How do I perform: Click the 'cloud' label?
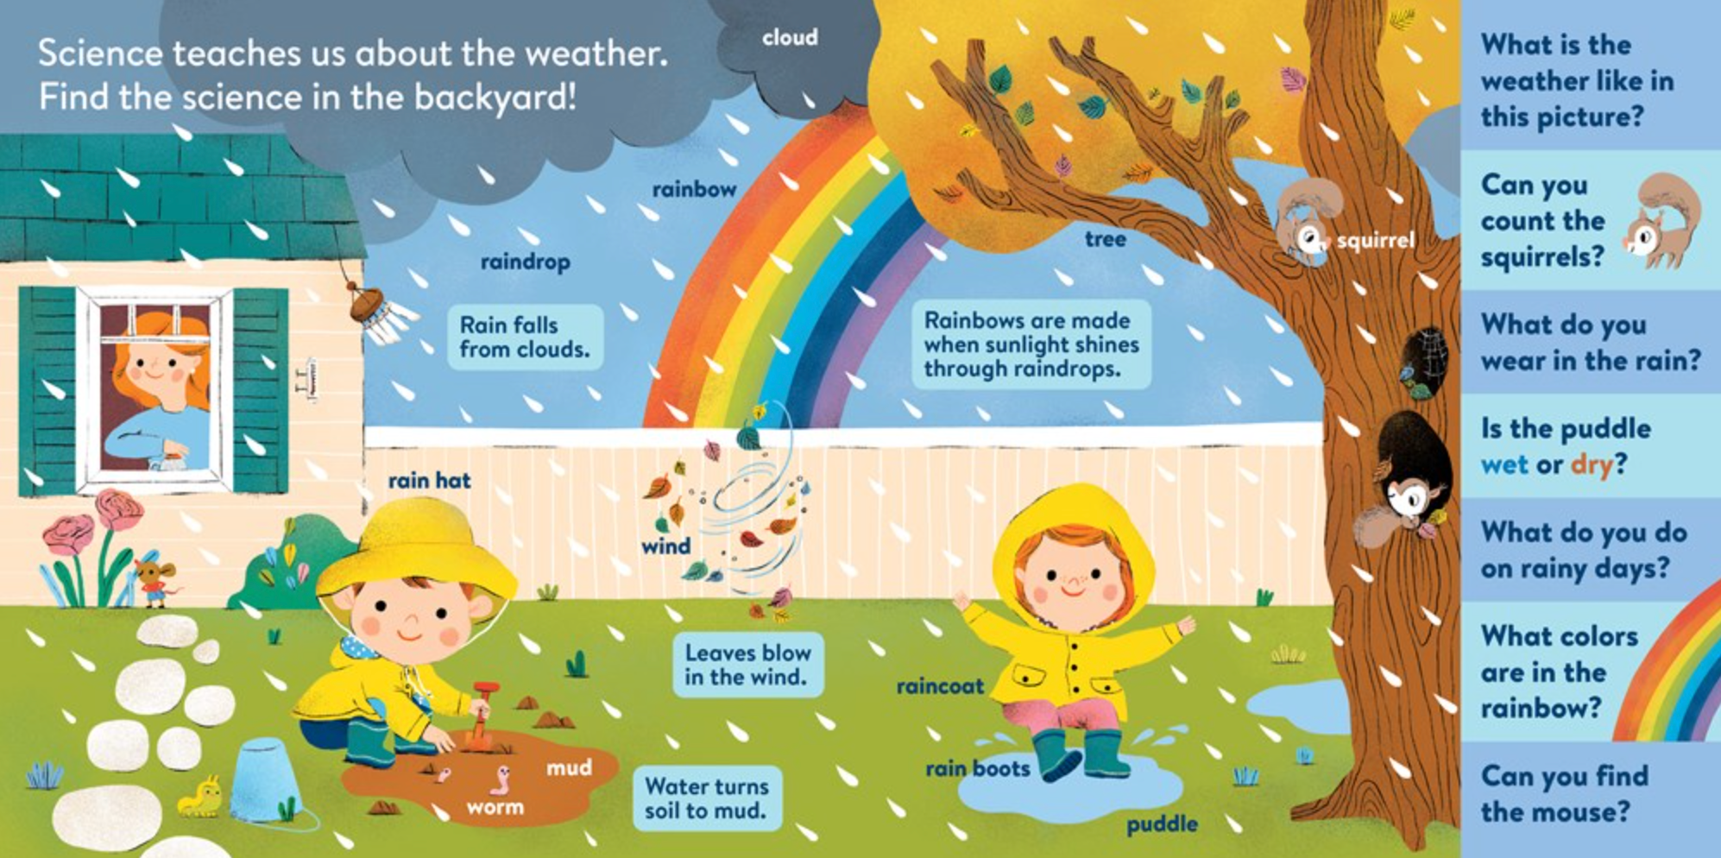click(x=790, y=38)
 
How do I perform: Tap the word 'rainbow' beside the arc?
click(x=694, y=189)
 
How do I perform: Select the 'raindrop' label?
click(x=525, y=262)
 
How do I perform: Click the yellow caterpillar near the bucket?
click(x=199, y=797)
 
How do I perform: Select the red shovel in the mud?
click(x=480, y=715)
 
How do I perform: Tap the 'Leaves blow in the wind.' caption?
click(x=747, y=665)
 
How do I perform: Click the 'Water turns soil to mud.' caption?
click(x=706, y=798)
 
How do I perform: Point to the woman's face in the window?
click(x=161, y=367)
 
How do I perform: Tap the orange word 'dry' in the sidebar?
click(x=1591, y=465)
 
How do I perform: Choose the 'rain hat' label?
click(x=429, y=481)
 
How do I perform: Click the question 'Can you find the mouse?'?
click(x=1564, y=794)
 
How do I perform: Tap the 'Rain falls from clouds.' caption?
click(x=525, y=338)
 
